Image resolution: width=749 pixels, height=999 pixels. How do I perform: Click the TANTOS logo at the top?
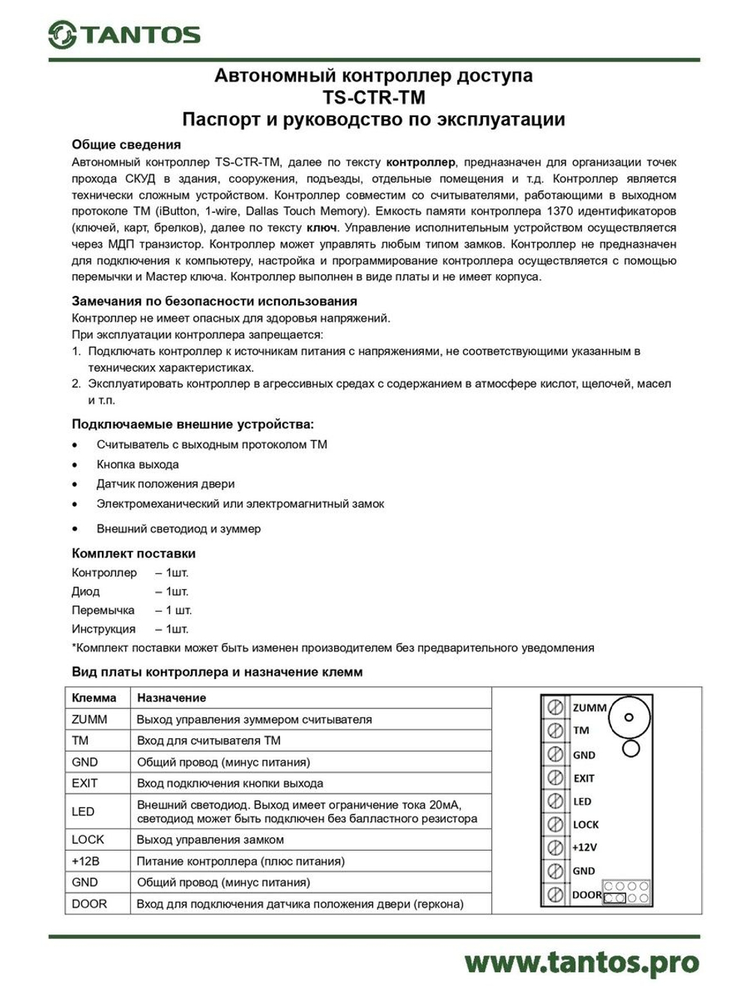[124, 34]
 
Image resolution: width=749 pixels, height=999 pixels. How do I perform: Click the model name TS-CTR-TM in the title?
[374, 97]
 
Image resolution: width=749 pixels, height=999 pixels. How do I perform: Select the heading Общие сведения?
[126, 145]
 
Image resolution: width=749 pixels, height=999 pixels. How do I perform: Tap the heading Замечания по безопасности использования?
[214, 301]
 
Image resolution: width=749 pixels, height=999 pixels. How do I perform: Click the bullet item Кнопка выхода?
[137, 465]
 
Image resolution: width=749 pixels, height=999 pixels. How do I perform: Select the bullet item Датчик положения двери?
[165, 484]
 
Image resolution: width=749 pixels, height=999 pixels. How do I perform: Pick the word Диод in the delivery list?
[85, 591]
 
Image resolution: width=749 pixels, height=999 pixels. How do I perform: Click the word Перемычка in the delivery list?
[103, 610]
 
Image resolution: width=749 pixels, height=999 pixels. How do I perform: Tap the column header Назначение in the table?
[171, 698]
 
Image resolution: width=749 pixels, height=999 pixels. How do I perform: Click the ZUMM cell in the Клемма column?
[89, 719]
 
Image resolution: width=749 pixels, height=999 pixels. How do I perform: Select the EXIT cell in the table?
[85, 783]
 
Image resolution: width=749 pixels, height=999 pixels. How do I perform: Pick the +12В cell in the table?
[85, 861]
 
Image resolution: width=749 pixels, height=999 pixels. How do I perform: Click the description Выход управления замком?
[210, 840]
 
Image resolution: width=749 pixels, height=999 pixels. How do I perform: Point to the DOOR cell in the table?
[89, 904]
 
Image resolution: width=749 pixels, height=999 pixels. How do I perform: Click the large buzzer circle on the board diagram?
[628, 717]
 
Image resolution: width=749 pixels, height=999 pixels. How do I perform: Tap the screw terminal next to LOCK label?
[555, 824]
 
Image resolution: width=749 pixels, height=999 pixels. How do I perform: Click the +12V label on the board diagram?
[584, 848]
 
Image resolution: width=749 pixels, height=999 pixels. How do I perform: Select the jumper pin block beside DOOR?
[626, 893]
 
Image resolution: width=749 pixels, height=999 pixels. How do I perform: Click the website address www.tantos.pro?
[581, 962]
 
